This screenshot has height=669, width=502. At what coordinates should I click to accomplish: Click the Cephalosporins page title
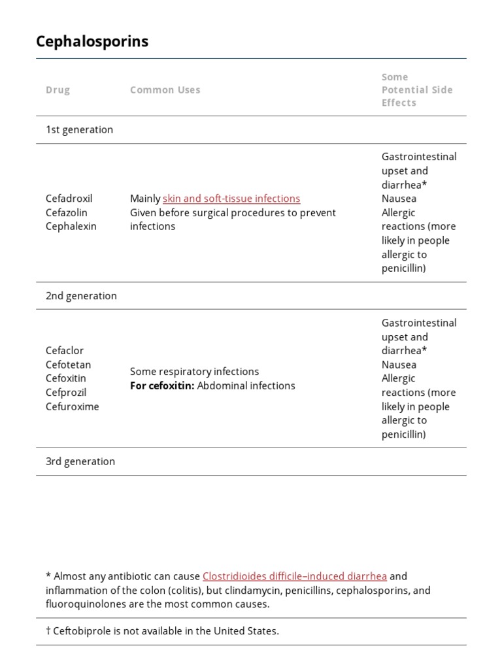[92, 41]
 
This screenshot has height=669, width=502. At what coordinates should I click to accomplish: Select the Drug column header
[58, 90]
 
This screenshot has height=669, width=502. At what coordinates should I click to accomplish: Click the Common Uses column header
[165, 90]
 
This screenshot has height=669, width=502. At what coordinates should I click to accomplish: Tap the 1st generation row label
[79, 130]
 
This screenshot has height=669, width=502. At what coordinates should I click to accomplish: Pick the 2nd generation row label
[81, 296]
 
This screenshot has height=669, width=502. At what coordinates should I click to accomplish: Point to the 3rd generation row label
[80, 462]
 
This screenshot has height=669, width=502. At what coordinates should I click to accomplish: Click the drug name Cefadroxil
[69, 199]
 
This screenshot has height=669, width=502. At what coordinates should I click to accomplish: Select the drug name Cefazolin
[67, 213]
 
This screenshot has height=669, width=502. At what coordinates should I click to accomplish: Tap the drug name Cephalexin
[71, 227]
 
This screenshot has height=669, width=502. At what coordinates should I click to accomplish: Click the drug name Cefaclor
[65, 351]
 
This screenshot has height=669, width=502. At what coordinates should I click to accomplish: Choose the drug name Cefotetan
[69, 365]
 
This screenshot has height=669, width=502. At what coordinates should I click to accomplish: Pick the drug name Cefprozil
[66, 393]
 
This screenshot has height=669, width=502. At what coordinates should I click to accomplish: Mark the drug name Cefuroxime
[73, 407]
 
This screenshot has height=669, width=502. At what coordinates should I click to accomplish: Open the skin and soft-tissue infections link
[231, 199]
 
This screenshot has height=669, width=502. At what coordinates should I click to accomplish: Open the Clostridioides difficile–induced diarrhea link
[295, 576]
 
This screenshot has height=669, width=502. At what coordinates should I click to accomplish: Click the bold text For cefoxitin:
[162, 386]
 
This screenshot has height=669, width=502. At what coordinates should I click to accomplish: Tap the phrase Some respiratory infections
[194, 372]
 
